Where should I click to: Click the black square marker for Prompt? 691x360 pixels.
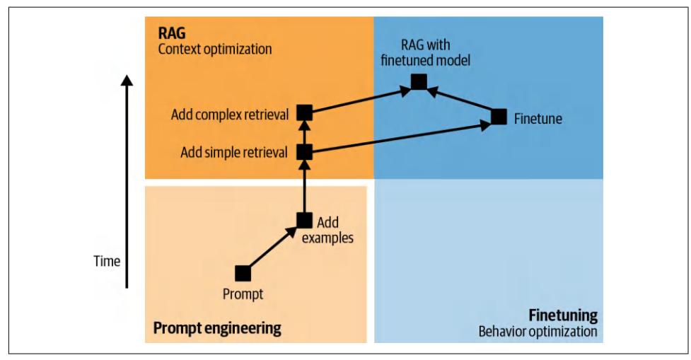pos(243,273)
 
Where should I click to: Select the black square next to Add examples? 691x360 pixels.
pos(304,220)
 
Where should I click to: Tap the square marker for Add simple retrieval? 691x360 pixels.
pos(304,151)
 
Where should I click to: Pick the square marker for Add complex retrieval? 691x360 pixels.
pos(304,112)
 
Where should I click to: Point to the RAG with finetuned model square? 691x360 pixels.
pos(419,82)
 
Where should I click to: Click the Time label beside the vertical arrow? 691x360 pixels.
pos(107,261)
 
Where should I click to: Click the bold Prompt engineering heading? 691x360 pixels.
pos(217,328)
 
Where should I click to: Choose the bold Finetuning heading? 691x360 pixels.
pos(562,315)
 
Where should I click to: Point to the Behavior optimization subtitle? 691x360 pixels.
pos(538,330)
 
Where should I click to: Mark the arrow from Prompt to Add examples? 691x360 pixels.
pos(273,247)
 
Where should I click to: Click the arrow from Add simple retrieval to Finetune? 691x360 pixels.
pos(400,137)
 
